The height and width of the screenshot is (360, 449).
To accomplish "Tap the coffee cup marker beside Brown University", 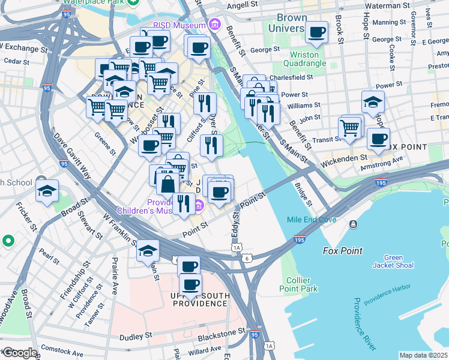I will tap(316, 32).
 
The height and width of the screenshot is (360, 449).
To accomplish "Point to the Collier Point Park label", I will tap(298, 284).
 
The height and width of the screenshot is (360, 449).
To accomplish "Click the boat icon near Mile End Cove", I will tap(353, 224).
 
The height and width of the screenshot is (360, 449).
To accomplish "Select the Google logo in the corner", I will tap(19, 353).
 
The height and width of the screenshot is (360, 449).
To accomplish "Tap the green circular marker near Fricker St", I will tap(8, 241).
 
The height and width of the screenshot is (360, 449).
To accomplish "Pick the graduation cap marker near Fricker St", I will tap(47, 192).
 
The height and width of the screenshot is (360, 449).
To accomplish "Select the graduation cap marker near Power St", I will tap(373, 103).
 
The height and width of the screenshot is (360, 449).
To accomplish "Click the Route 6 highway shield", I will tap(247, 257).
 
